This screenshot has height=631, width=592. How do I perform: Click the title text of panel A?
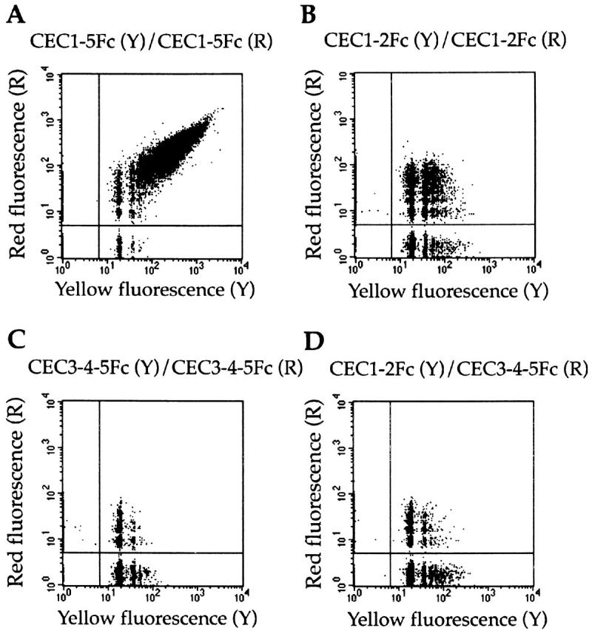(x=148, y=41)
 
